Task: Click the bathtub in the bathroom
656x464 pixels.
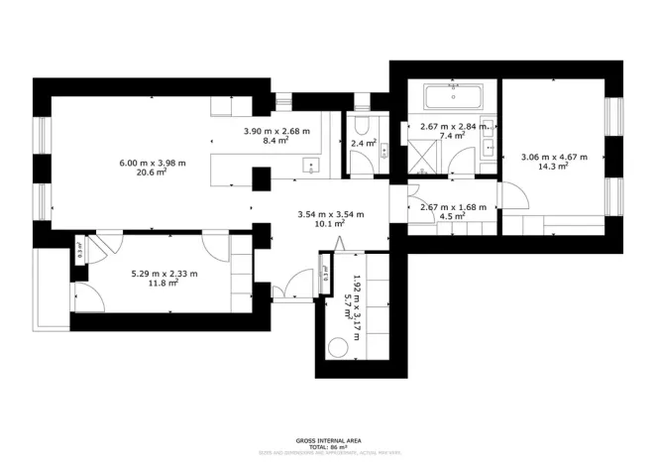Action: point(453,97)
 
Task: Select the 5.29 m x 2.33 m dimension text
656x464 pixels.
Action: point(164,274)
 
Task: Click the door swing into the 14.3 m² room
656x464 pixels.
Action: point(513,197)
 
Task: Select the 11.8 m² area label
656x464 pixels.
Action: point(164,284)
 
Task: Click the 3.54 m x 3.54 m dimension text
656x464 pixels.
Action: point(331,213)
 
